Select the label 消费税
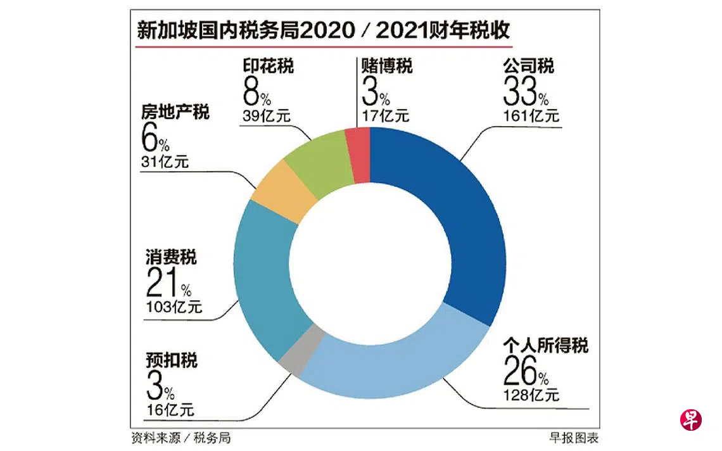tap(171, 258)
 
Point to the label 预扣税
tap(171, 360)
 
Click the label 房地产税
tap(175, 113)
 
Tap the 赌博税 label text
tap(386, 66)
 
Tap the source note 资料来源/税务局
tap(176, 438)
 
